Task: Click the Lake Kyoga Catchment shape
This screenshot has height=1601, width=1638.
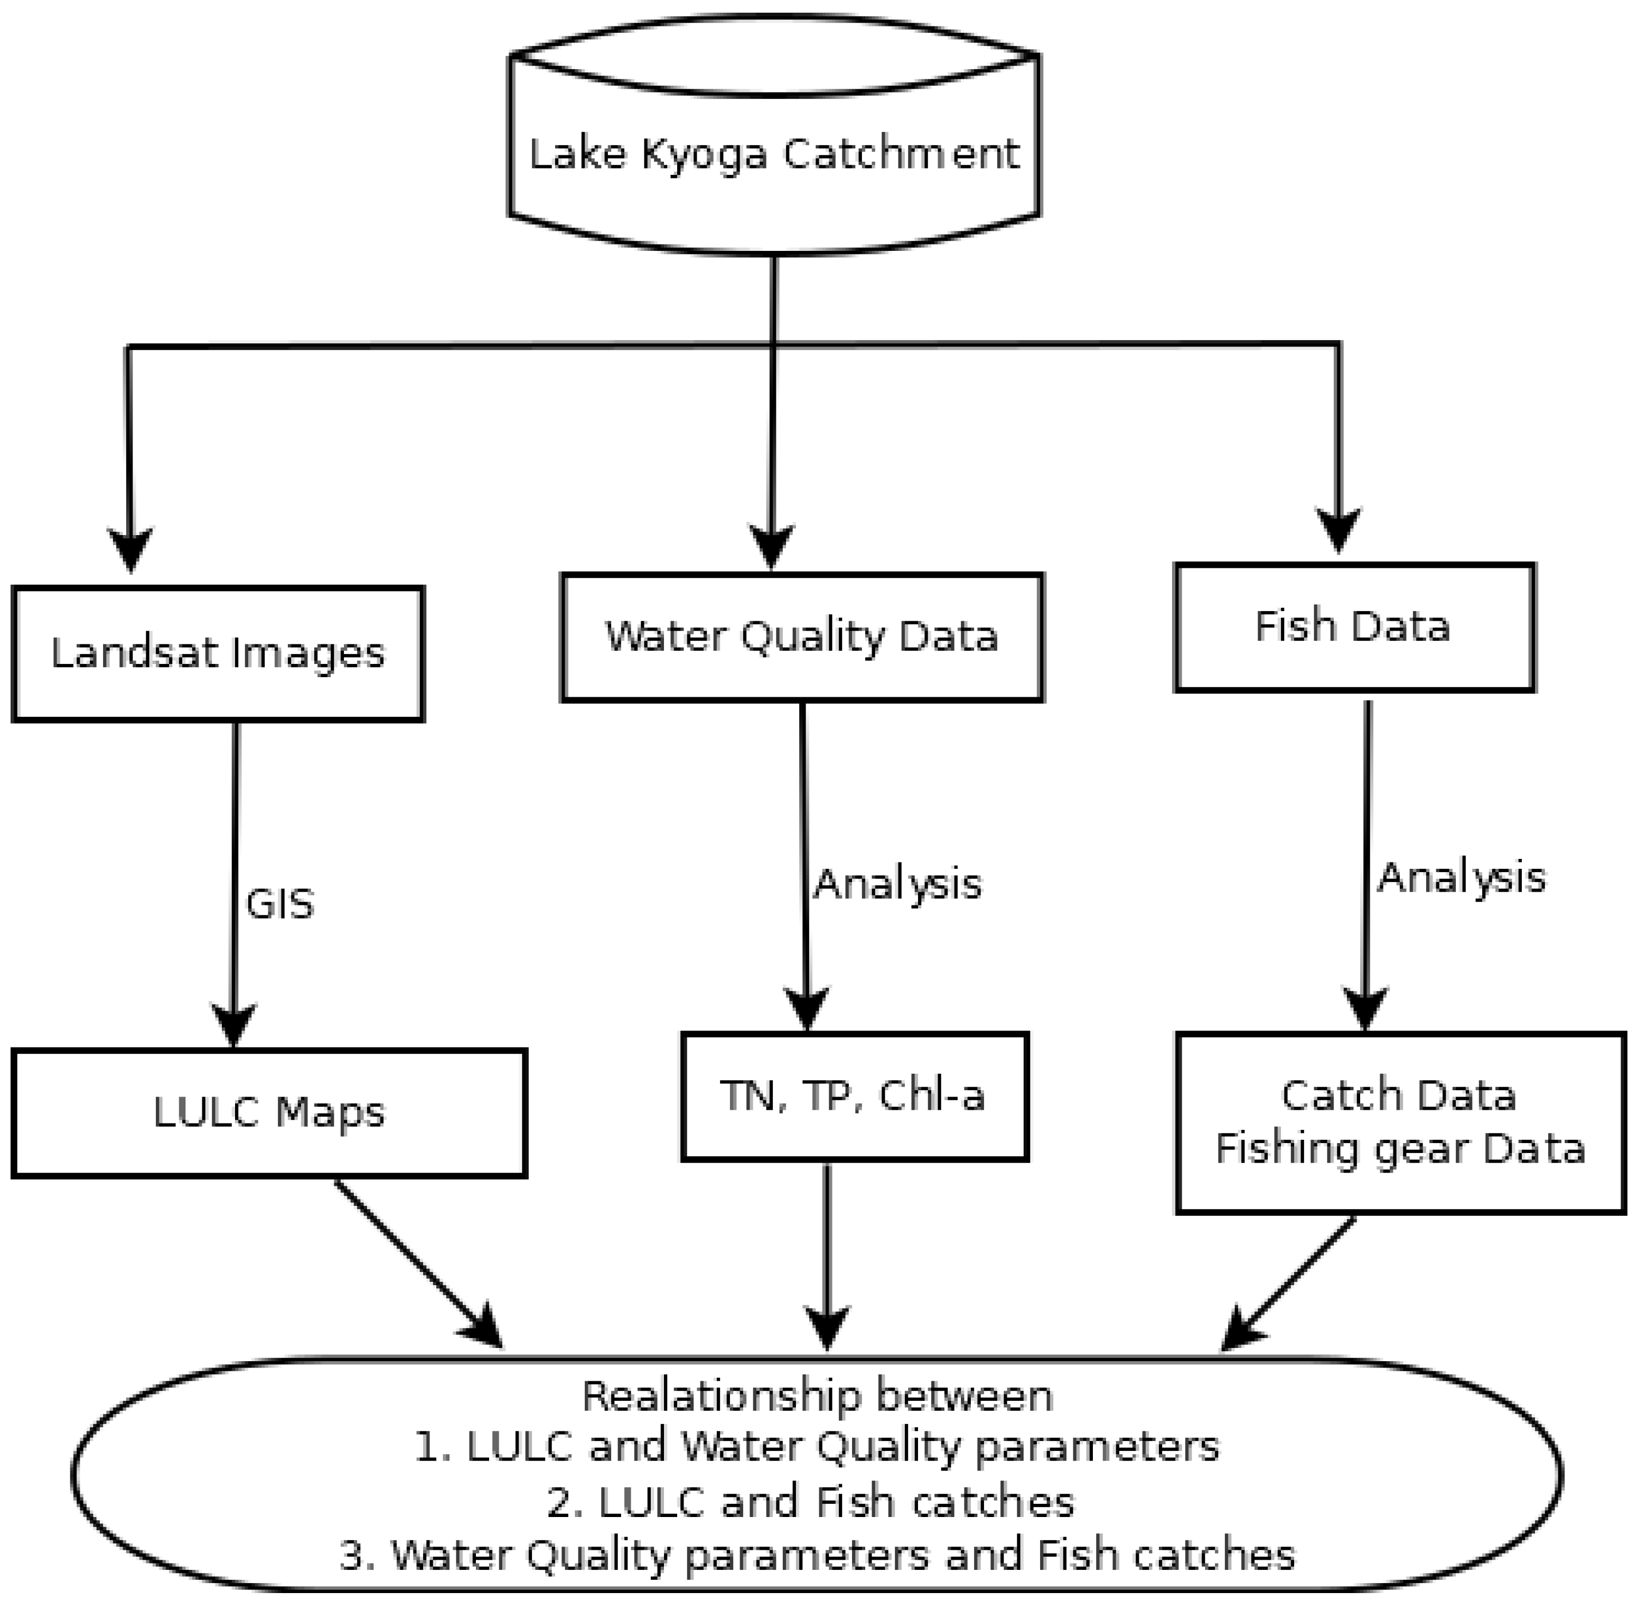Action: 774,135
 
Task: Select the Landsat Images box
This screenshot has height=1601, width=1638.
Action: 218,653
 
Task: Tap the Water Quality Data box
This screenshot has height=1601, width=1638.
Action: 801,636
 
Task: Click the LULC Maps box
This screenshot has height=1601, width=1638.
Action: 269,1112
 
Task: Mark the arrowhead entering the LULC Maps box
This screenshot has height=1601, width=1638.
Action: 234,1024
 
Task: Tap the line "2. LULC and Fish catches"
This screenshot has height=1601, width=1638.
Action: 811,1502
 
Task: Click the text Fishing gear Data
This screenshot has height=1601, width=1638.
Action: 1400,1149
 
